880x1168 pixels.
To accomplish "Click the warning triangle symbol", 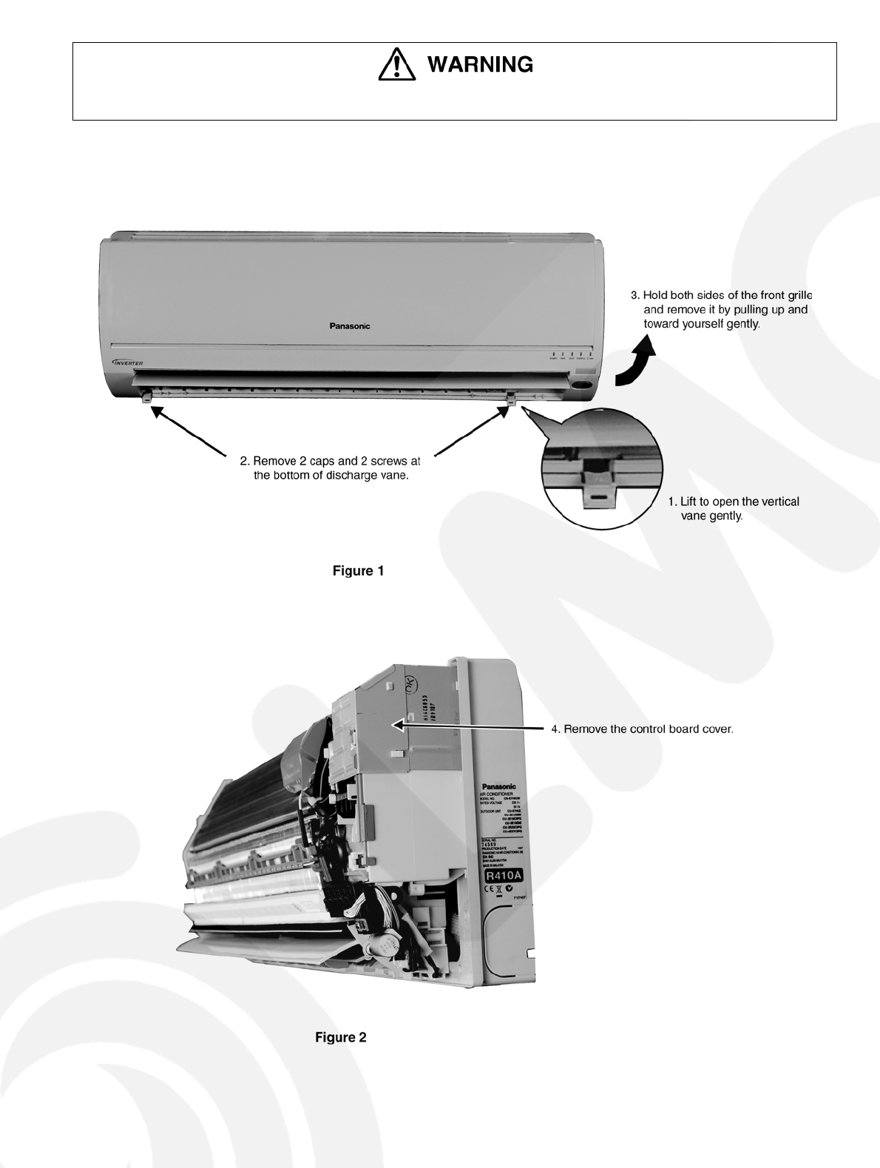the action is pyautogui.click(x=397, y=65).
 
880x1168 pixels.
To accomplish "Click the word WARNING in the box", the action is pyautogui.click(x=481, y=65).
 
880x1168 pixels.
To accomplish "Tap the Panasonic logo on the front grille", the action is pyautogui.click(x=350, y=325).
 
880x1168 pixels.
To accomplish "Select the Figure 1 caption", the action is pyautogui.click(x=358, y=571).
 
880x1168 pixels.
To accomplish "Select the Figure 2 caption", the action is pyautogui.click(x=341, y=1037).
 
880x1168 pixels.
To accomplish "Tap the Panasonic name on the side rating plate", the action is pyautogui.click(x=499, y=786).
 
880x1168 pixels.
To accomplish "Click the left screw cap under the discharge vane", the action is pyautogui.click(x=147, y=398).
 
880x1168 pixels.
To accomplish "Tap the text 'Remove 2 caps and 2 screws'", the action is pyautogui.click(x=330, y=468).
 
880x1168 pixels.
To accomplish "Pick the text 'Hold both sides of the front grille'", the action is pyautogui.click(x=721, y=309).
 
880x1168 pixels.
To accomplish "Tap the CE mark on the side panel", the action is pyautogui.click(x=488, y=890).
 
